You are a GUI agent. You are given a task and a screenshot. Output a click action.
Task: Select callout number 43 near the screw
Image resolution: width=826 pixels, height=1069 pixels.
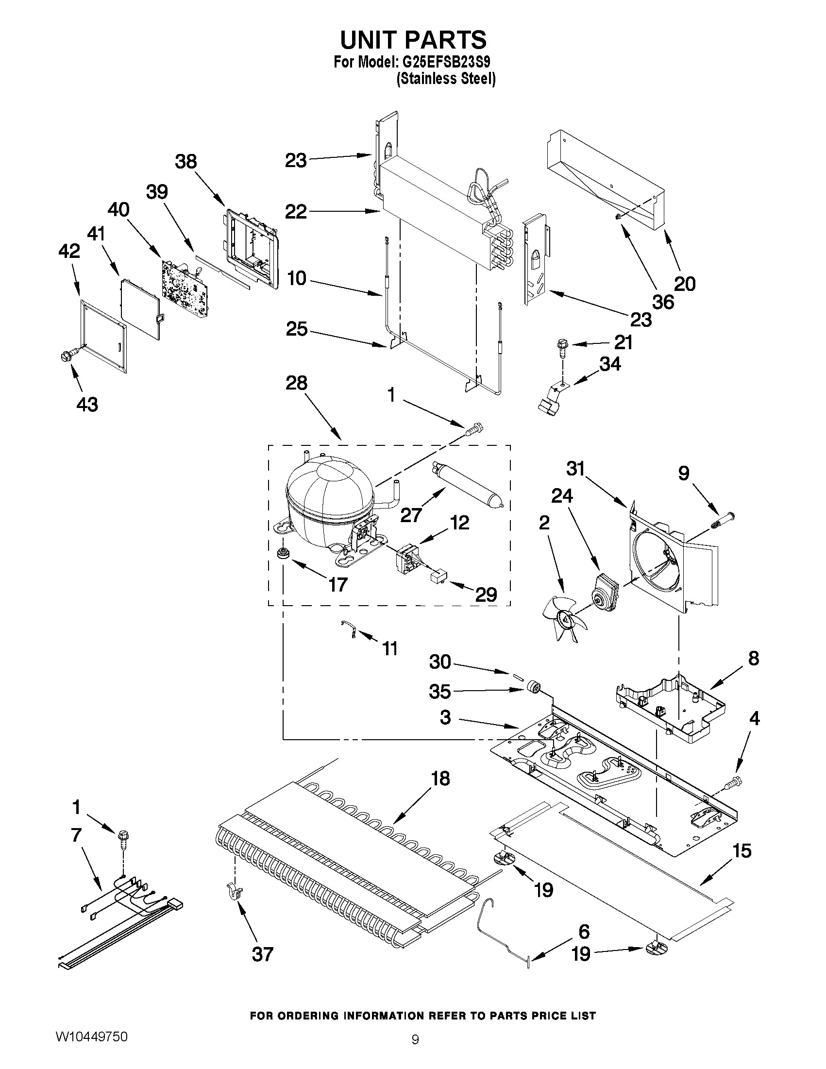point(87,404)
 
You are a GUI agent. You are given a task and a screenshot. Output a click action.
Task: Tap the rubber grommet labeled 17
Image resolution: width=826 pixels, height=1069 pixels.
point(282,554)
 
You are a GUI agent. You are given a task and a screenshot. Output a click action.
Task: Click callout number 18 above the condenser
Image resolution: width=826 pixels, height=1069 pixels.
point(440,778)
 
